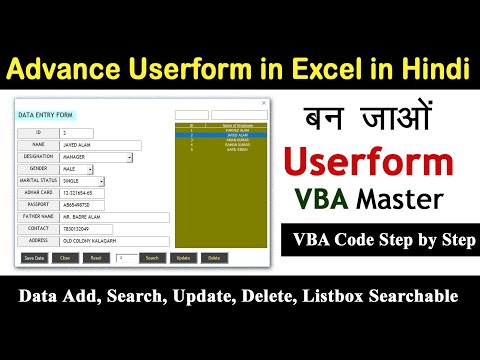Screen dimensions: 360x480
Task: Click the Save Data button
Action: (34, 257)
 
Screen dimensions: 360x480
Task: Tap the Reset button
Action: (96, 257)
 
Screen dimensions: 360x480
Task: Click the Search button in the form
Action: (151, 257)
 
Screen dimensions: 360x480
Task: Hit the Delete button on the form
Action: (212, 257)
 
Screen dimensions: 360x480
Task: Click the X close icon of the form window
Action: (263, 102)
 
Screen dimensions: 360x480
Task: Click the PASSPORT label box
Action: (37, 204)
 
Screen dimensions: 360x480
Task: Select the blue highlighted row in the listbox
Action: (217, 135)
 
